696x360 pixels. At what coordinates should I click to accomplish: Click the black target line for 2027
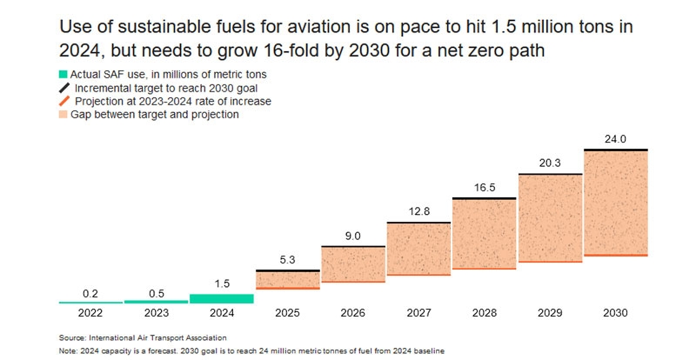coord(418,223)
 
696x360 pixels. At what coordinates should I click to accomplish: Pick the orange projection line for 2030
coord(616,255)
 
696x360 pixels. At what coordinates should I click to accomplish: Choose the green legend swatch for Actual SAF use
coord(64,76)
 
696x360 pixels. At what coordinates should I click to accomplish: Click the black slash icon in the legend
coord(64,88)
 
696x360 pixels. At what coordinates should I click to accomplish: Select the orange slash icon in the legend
coord(64,101)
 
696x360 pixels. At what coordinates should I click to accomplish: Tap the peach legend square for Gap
coord(64,114)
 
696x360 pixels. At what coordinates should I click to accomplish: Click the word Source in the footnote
coord(73,337)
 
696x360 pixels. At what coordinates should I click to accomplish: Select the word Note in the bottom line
coord(69,350)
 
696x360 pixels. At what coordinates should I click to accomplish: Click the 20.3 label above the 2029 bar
coord(550,162)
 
